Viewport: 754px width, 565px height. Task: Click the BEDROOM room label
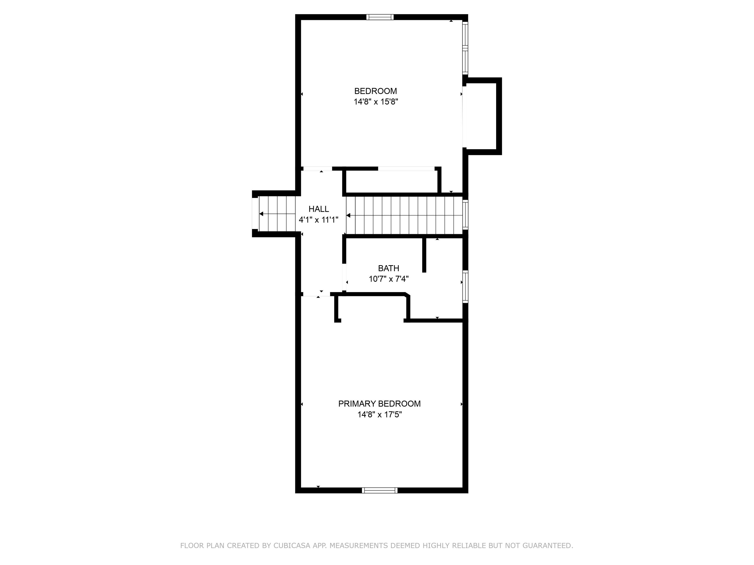[x=375, y=91]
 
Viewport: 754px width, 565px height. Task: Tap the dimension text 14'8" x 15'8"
[x=376, y=102]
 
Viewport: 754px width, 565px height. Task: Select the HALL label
[x=318, y=209]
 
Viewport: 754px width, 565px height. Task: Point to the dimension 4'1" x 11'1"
[x=318, y=220]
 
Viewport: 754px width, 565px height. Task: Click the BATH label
[x=388, y=268]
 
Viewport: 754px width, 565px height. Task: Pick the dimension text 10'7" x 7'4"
[x=388, y=279]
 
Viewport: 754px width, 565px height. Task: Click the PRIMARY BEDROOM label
[x=379, y=404]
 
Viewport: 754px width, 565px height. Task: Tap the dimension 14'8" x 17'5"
[x=379, y=415]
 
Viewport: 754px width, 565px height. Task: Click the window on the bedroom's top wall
[x=380, y=17]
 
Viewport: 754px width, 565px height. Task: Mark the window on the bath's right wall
[x=465, y=287]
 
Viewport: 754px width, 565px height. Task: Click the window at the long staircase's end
[x=465, y=214]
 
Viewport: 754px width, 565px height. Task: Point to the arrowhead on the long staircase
[x=348, y=215]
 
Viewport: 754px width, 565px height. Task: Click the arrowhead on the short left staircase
[x=261, y=214]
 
